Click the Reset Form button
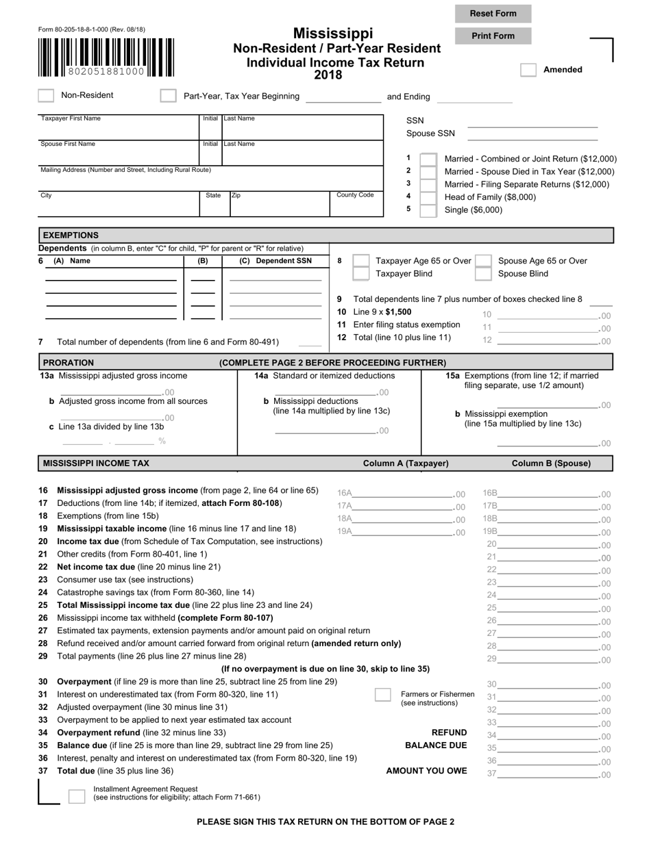pyautogui.click(x=493, y=14)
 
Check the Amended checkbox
pyautogui.click(x=528, y=70)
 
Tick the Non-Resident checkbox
pyautogui.click(x=46, y=95)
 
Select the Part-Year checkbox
pyautogui.click(x=168, y=96)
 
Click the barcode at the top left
pyautogui.click(x=106, y=57)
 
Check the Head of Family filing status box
pyautogui.click(x=428, y=197)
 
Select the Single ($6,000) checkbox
pyautogui.click(x=428, y=210)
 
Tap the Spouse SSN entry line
pyautogui.click(x=532, y=134)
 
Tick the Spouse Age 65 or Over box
pyautogui.click(x=482, y=261)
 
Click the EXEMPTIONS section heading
pyautogui.click(x=71, y=235)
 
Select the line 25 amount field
pyautogui.click(x=547, y=608)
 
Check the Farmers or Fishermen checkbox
pyautogui.click(x=383, y=695)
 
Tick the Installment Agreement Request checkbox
pyautogui.click(x=77, y=796)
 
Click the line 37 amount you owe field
pyautogui.click(x=547, y=774)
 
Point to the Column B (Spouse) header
pyautogui.click(x=551, y=463)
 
